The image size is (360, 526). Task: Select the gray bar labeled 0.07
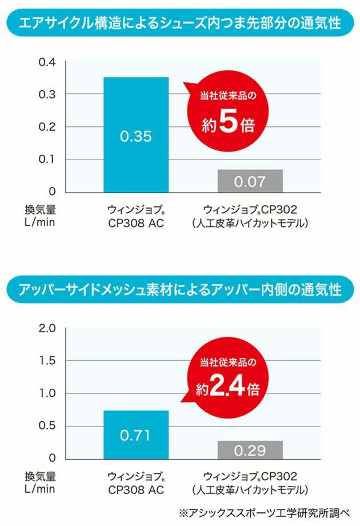(250, 181)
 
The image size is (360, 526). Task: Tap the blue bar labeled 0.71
(136, 435)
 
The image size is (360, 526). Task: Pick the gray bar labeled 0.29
(250, 449)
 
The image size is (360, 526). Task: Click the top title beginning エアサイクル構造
(179, 23)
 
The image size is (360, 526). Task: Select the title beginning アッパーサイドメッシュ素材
(179, 289)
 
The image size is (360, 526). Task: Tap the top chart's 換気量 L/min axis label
(40, 216)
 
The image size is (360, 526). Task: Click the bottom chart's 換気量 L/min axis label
(40, 481)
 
